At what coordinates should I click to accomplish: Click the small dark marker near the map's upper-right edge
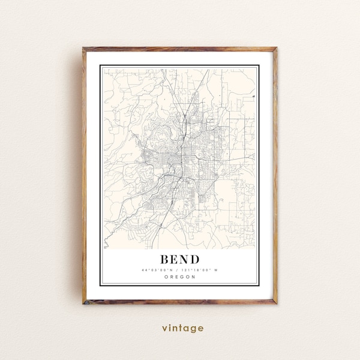tap(254, 95)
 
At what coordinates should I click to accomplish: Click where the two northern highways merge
tap(187, 118)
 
